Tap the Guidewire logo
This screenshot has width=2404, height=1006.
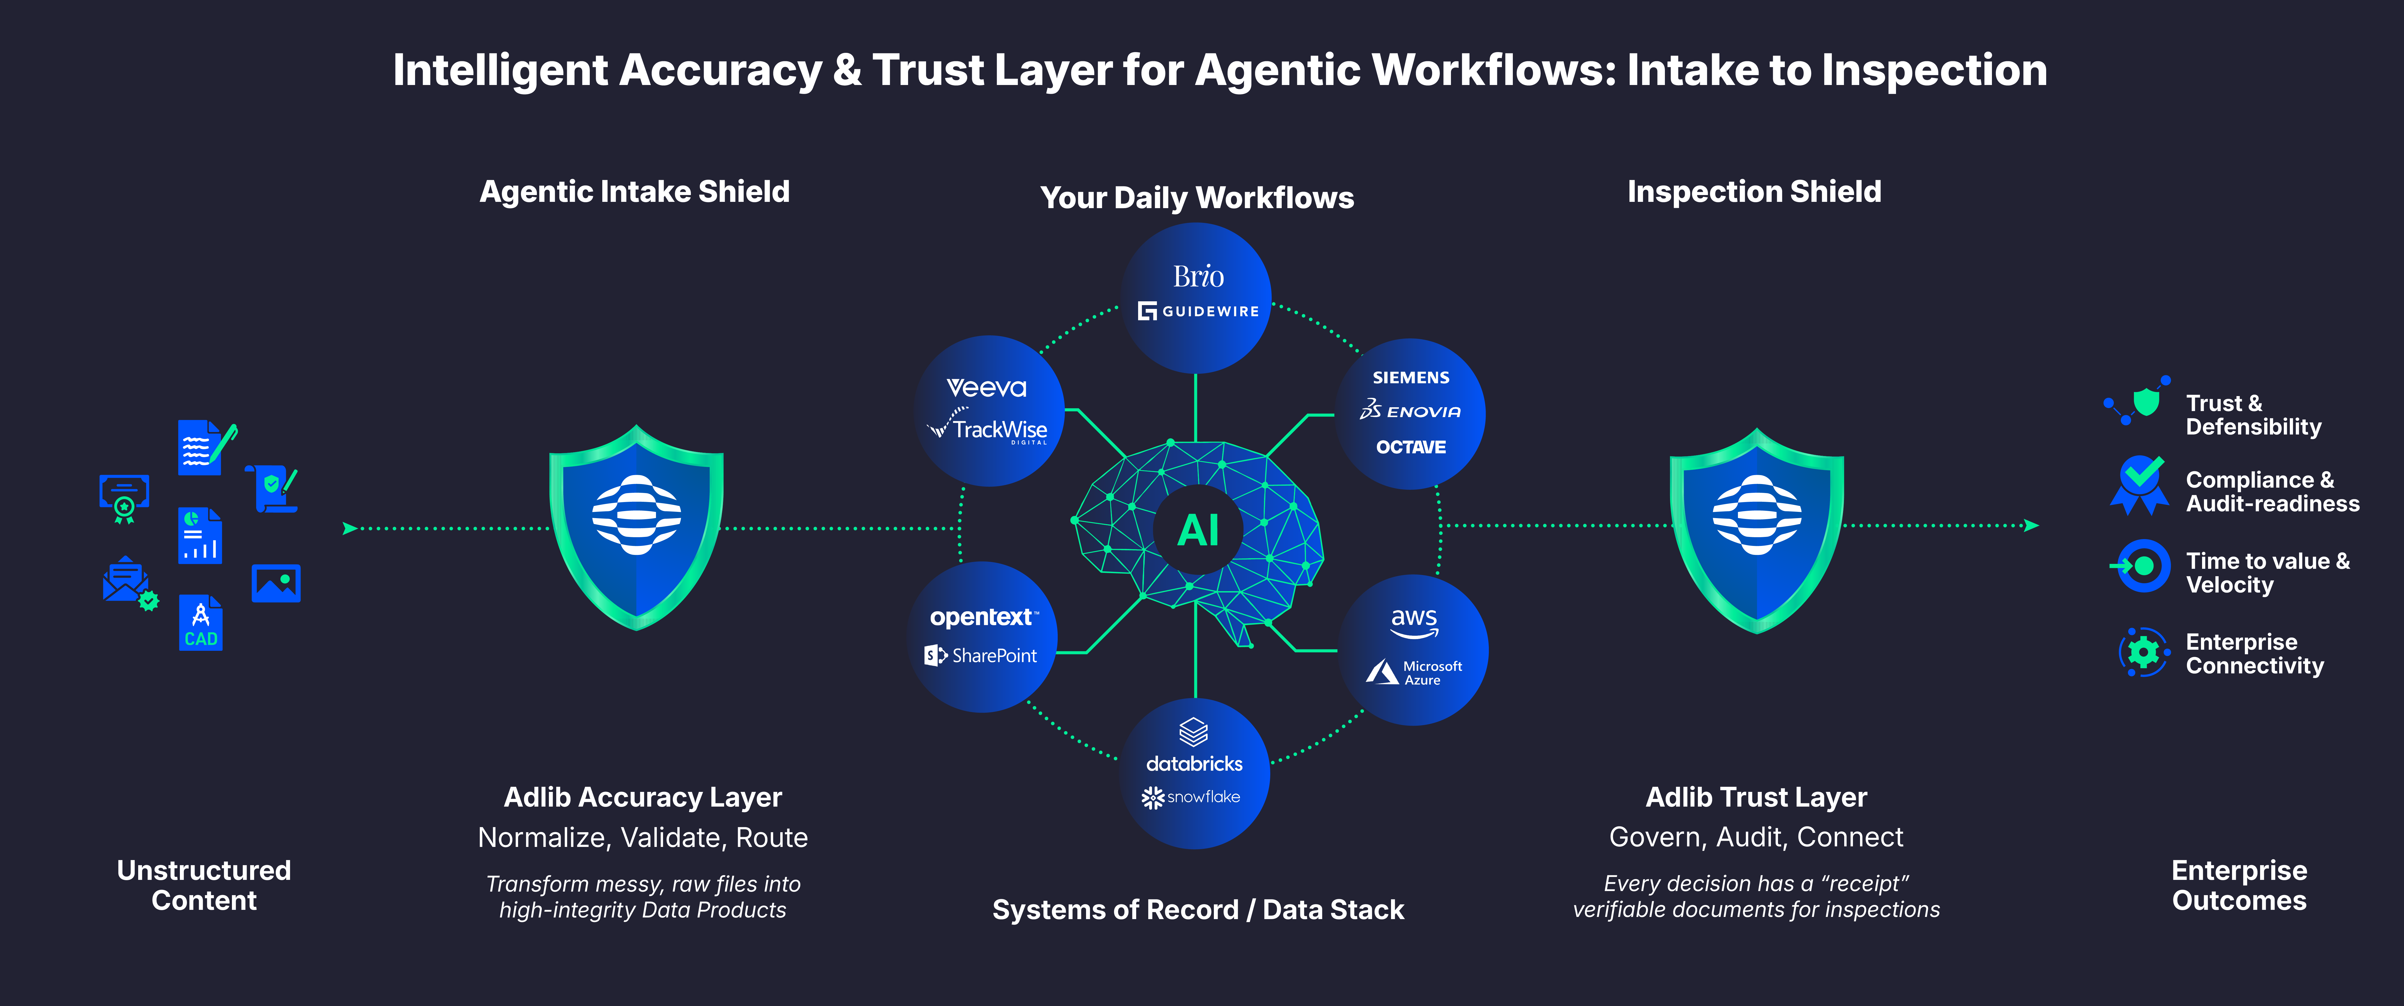tap(1198, 311)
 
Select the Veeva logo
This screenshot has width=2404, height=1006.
tap(986, 387)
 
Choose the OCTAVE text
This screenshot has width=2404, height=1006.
tap(1410, 447)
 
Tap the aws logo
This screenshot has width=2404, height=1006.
tap(1414, 622)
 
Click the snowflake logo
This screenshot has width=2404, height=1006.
tap(1191, 797)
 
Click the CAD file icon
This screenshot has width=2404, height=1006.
tap(201, 622)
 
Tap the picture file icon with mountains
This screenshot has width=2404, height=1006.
tap(276, 583)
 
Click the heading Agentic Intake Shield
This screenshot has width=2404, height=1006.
tap(635, 191)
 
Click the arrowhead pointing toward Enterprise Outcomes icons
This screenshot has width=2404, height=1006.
tap(2031, 525)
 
